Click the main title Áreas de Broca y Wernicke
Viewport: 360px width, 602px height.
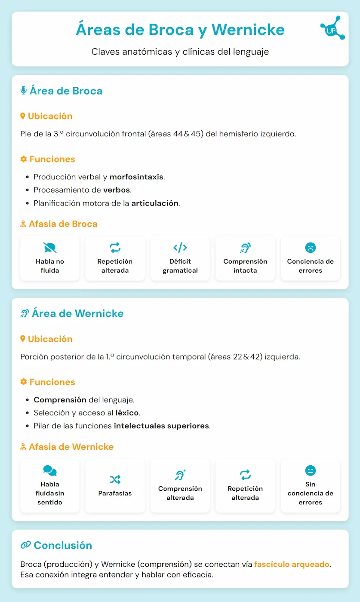[x=180, y=30]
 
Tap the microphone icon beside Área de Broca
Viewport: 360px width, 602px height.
[x=24, y=91]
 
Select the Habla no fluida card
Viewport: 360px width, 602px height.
[x=50, y=258]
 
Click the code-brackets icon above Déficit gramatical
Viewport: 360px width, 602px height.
[x=180, y=247]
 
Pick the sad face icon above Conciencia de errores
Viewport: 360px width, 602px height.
[x=310, y=247]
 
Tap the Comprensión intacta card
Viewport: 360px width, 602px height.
[x=245, y=258]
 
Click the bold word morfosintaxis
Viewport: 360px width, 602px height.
[x=137, y=177]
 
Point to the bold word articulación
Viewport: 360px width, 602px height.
[x=155, y=203]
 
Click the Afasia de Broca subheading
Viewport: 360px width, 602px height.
[x=63, y=224]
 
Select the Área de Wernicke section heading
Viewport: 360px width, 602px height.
[x=77, y=313]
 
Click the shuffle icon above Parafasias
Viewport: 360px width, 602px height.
[x=115, y=479]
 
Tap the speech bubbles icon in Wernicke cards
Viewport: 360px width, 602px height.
[x=50, y=470]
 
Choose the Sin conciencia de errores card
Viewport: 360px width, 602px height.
[x=310, y=486]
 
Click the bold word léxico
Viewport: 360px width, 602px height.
[x=127, y=413]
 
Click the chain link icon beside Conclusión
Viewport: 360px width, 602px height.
[x=25, y=545]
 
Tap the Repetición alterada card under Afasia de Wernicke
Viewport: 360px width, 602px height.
[x=245, y=486]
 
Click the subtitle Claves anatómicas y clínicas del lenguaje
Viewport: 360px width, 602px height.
[x=180, y=52]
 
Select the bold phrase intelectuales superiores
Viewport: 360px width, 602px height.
[x=161, y=426]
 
